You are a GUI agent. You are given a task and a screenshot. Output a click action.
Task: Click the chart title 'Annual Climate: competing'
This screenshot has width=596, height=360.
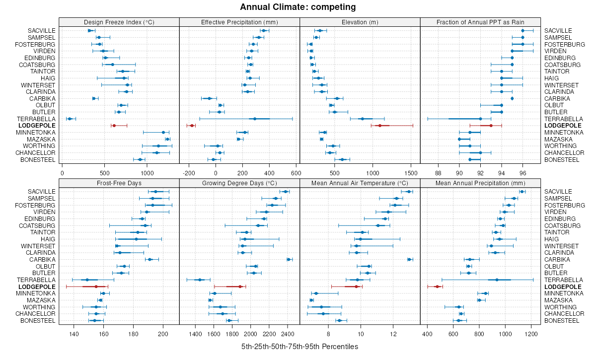298,7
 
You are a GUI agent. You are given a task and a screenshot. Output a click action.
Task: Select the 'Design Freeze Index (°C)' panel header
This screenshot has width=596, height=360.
119,22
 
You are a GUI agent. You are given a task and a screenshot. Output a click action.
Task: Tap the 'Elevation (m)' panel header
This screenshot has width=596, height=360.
360,22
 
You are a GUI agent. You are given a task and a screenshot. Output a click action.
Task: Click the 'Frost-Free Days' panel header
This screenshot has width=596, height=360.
119,183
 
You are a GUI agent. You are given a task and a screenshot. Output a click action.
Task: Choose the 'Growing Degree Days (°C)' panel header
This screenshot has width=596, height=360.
239,183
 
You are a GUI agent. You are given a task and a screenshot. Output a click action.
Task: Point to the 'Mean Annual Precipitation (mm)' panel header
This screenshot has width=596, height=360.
480,183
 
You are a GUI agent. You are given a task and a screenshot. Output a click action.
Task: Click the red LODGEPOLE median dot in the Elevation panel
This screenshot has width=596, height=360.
380,126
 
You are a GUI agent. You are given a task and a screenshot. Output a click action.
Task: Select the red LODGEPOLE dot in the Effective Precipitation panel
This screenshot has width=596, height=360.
192,126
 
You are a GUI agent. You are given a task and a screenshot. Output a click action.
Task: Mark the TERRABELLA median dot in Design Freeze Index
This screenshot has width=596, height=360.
70,119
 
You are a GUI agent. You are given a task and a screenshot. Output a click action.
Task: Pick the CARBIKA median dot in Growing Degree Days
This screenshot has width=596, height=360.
289,259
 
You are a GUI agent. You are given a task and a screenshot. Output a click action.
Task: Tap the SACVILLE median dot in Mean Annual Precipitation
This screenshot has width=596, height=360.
522,191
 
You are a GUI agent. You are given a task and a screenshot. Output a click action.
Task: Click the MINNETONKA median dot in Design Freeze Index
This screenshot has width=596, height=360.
163,132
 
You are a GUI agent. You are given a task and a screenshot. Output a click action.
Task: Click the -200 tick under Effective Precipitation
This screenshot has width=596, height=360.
189,173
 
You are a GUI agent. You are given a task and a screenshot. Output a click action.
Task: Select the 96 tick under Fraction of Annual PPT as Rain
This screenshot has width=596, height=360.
522,173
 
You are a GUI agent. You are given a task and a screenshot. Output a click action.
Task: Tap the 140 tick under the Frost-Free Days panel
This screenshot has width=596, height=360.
74,334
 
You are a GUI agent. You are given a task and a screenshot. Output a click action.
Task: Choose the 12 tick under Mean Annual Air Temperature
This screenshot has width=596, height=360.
393,334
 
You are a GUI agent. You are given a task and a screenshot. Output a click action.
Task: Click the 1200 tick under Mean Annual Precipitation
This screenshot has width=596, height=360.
531,334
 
